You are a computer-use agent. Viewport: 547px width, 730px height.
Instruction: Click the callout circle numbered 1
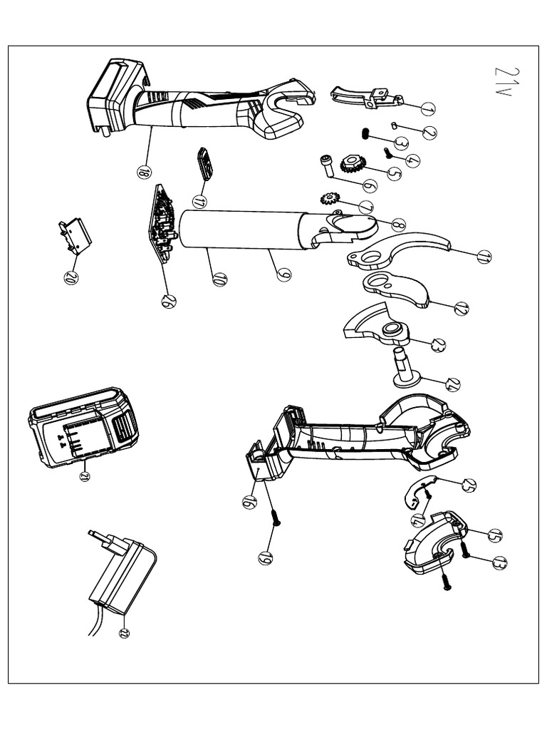tap(427, 108)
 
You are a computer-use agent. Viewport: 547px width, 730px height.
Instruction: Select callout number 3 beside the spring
tap(401, 143)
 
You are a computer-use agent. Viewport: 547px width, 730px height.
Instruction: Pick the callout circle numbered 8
tap(398, 225)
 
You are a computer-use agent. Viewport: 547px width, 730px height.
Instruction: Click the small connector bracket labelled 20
tap(75, 236)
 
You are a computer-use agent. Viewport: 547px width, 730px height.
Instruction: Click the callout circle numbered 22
tap(124, 633)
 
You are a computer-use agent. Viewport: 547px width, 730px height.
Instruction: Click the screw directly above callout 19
tap(275, 520)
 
